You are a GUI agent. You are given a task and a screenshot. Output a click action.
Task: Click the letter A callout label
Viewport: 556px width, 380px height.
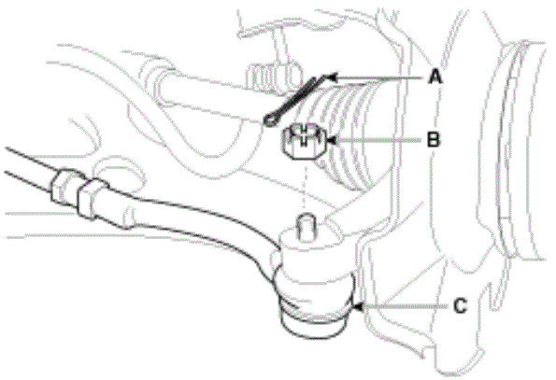click(435, 77)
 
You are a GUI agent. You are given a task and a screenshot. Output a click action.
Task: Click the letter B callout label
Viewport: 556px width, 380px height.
click(433, 139)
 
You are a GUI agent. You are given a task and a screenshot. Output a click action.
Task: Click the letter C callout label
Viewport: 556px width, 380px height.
click(460, 305)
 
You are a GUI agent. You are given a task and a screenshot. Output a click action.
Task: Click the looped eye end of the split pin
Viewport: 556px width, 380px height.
click(271, 120)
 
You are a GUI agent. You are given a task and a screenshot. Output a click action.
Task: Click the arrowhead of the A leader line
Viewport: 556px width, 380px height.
click(331, 77)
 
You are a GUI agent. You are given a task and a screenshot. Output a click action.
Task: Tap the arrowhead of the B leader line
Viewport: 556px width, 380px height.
click(331, 140)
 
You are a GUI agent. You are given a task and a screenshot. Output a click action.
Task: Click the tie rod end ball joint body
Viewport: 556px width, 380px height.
click(315, 273)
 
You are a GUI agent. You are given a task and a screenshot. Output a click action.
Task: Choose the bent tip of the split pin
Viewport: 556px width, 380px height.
click(324, 77)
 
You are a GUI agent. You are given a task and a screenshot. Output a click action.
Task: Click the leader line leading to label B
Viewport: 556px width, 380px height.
click(378, 140)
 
